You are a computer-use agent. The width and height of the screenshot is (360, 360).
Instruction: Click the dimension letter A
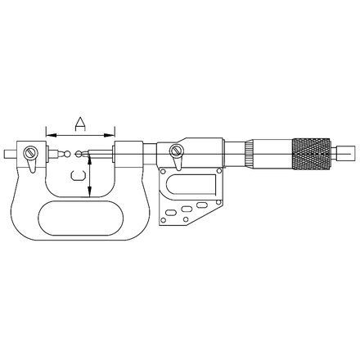pos(80,124)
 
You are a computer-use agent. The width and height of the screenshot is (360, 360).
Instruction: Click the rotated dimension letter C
pos(79,175)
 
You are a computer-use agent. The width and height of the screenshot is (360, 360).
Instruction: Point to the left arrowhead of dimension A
pos(52,135)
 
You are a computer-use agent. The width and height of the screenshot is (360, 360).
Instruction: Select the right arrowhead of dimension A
pos(109,135)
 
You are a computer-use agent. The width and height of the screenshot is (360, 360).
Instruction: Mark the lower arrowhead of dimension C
pos(89,191)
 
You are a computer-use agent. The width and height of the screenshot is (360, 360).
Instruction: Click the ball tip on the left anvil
pos(67,154)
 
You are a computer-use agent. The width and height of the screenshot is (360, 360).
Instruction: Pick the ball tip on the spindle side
pos(79,154)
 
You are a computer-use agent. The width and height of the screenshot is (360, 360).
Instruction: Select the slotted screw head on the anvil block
pos(30,152)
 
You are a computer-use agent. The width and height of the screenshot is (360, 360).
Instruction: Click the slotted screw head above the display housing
pos(176,151)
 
